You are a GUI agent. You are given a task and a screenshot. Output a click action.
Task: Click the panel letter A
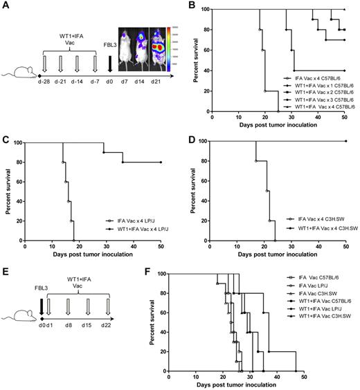(6, 6)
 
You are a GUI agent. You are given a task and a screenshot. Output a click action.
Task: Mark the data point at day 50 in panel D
(345, 141)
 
